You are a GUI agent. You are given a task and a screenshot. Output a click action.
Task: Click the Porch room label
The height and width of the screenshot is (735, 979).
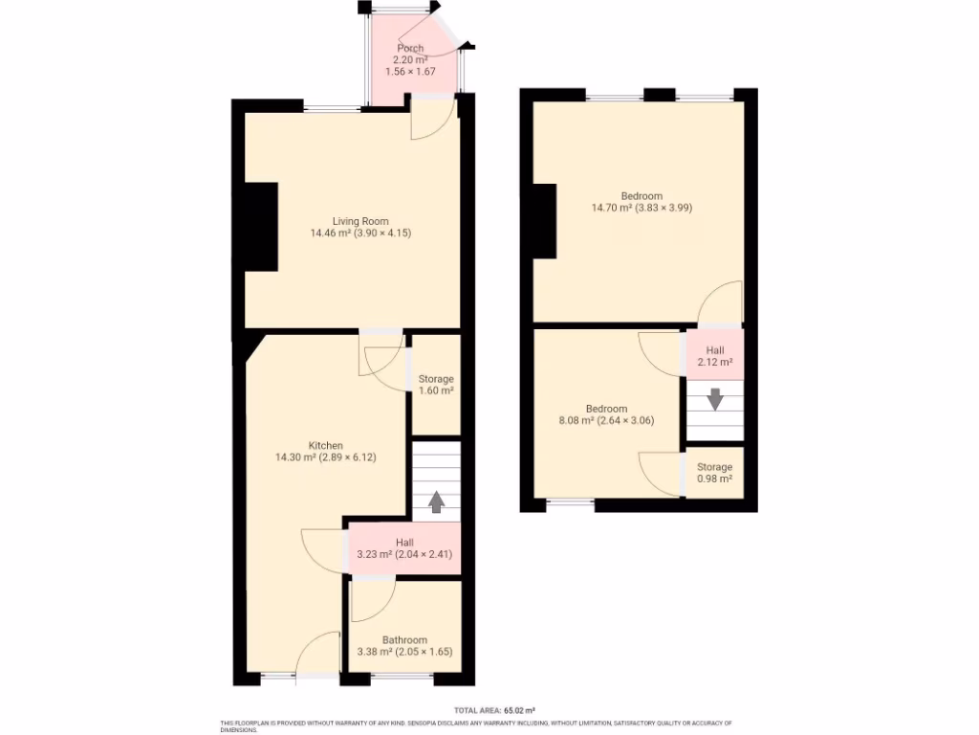click(x=410, y=49)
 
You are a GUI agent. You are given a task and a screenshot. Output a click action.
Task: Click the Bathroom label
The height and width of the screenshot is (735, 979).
click(x=404, y=640)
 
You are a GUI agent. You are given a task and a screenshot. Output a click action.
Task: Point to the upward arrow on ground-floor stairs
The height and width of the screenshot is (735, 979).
click(x=436, y=501)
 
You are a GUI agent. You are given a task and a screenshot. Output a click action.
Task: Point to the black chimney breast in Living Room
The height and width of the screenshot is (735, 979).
click(x=261, y=228)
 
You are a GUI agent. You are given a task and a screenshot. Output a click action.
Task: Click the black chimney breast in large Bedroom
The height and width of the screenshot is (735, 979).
click(x=544, y=220)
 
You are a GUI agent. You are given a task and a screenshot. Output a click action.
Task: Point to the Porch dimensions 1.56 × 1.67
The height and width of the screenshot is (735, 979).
click(x=410, y=72)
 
